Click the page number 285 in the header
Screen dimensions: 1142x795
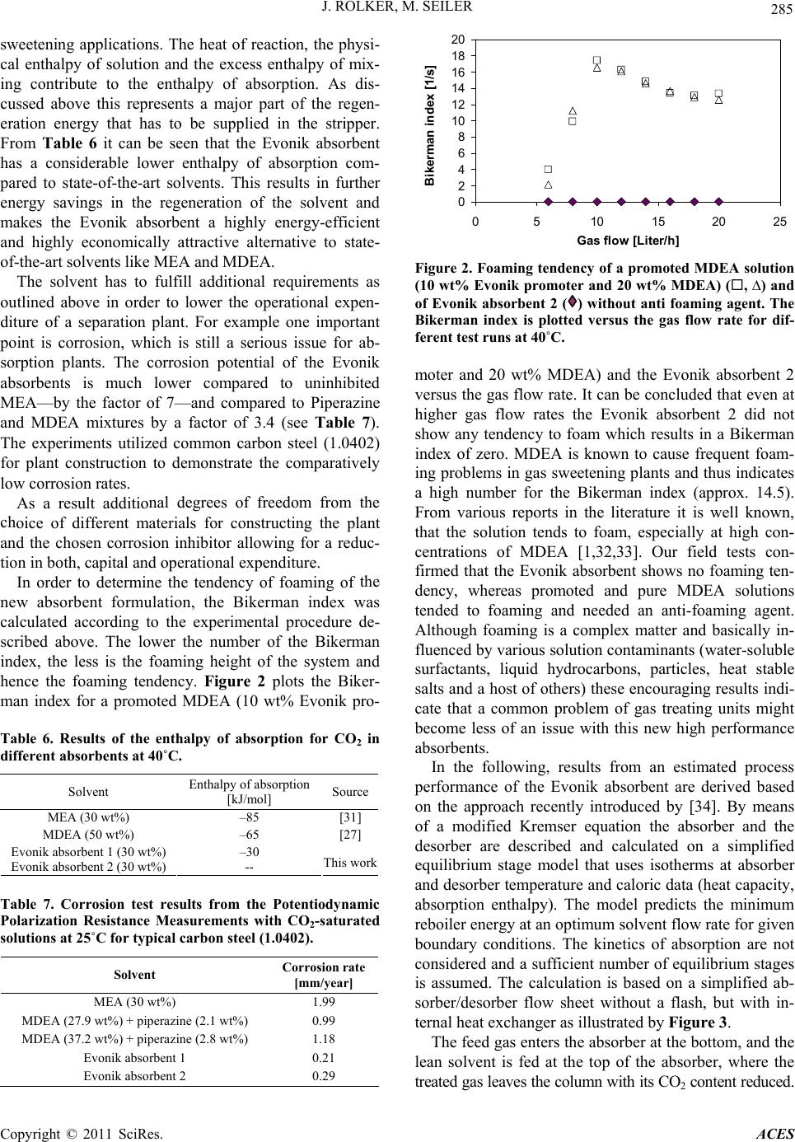[x=783, y=23]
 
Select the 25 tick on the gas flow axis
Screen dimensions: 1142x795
[x=779, y=222]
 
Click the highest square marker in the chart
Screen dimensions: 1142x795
[x=596, y=60]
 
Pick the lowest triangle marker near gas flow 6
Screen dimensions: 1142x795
[x=548, y=185]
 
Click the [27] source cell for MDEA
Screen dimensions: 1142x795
[x=350, y=833]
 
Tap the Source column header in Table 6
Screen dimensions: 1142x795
[x=350, y=793]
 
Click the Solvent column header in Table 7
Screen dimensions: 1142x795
[x=135, y=974]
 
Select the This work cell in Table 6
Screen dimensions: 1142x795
[x=350, y=863]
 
